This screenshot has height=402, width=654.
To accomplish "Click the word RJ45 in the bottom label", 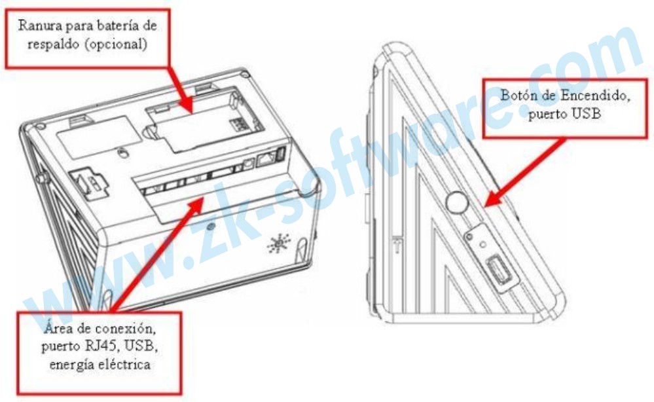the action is [111, 346].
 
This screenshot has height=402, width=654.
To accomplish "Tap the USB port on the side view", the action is [496, 268].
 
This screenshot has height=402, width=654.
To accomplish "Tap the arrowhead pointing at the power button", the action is [494, 197].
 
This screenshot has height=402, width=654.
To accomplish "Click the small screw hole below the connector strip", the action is [211, 227].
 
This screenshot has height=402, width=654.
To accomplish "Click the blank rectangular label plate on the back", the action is [99, 137].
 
